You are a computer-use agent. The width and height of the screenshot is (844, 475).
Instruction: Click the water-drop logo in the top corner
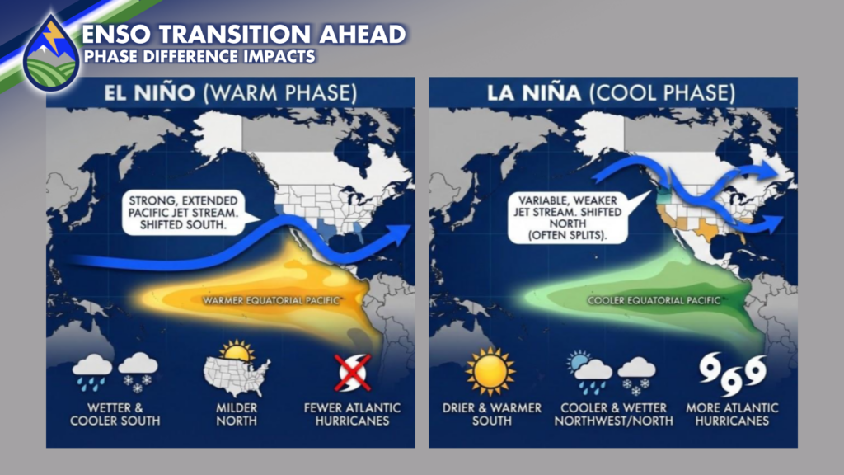coord(52,54)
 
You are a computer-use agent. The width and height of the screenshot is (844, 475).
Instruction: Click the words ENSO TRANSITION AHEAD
coord(244,35)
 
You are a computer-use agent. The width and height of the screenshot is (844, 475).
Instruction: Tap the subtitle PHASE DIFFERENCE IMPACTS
coord(199,57)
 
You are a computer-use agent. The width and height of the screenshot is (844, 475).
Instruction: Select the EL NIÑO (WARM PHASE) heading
coord(231,92)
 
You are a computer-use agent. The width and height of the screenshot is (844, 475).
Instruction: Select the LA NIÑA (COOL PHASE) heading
coord(611,92)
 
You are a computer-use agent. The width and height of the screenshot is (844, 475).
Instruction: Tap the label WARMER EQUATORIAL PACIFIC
coord(270,300)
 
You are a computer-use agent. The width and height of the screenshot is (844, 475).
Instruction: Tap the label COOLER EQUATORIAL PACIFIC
coord(654,300)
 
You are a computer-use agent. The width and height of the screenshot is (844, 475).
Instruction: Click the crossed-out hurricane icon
coord(353,372)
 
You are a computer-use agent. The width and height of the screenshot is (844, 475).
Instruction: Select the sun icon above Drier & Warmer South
coord(490,372)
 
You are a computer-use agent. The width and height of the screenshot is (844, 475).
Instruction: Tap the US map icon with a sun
coord(237,369)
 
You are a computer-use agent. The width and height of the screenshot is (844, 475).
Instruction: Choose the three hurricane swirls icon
coord(733,374)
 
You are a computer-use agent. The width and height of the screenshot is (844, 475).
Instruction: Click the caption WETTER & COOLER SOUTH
coord(115,414)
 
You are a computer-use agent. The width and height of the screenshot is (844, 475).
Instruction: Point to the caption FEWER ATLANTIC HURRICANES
coord(352,414)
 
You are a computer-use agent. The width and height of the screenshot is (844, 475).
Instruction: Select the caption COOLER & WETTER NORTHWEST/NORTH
coord(613,414)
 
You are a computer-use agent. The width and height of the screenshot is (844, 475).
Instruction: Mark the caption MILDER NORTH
coord(237,414)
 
